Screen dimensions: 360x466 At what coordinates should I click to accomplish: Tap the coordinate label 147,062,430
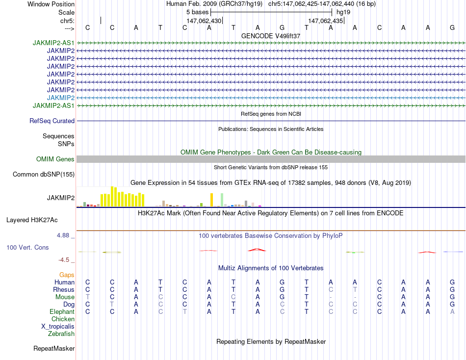204,21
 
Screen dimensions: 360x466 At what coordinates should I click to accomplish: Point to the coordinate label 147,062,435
325,21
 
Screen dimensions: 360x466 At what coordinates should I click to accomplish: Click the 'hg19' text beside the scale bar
343,12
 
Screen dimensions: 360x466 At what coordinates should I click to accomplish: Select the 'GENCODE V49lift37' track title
271,36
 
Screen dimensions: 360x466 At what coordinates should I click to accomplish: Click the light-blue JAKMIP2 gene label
61,98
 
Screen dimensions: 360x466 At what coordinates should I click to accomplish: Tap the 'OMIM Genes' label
55,159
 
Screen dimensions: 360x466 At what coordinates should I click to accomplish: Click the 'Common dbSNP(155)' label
44,174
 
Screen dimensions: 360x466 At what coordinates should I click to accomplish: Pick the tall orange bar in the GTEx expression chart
211,200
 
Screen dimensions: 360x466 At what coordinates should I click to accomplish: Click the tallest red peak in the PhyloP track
257,250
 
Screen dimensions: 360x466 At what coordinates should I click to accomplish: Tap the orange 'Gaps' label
67,275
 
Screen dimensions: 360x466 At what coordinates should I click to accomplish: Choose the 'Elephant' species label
62,311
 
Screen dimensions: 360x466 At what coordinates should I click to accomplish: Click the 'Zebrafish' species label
61,334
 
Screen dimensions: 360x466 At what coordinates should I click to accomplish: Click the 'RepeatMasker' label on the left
54,349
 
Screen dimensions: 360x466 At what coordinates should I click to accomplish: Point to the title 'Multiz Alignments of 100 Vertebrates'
271,268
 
